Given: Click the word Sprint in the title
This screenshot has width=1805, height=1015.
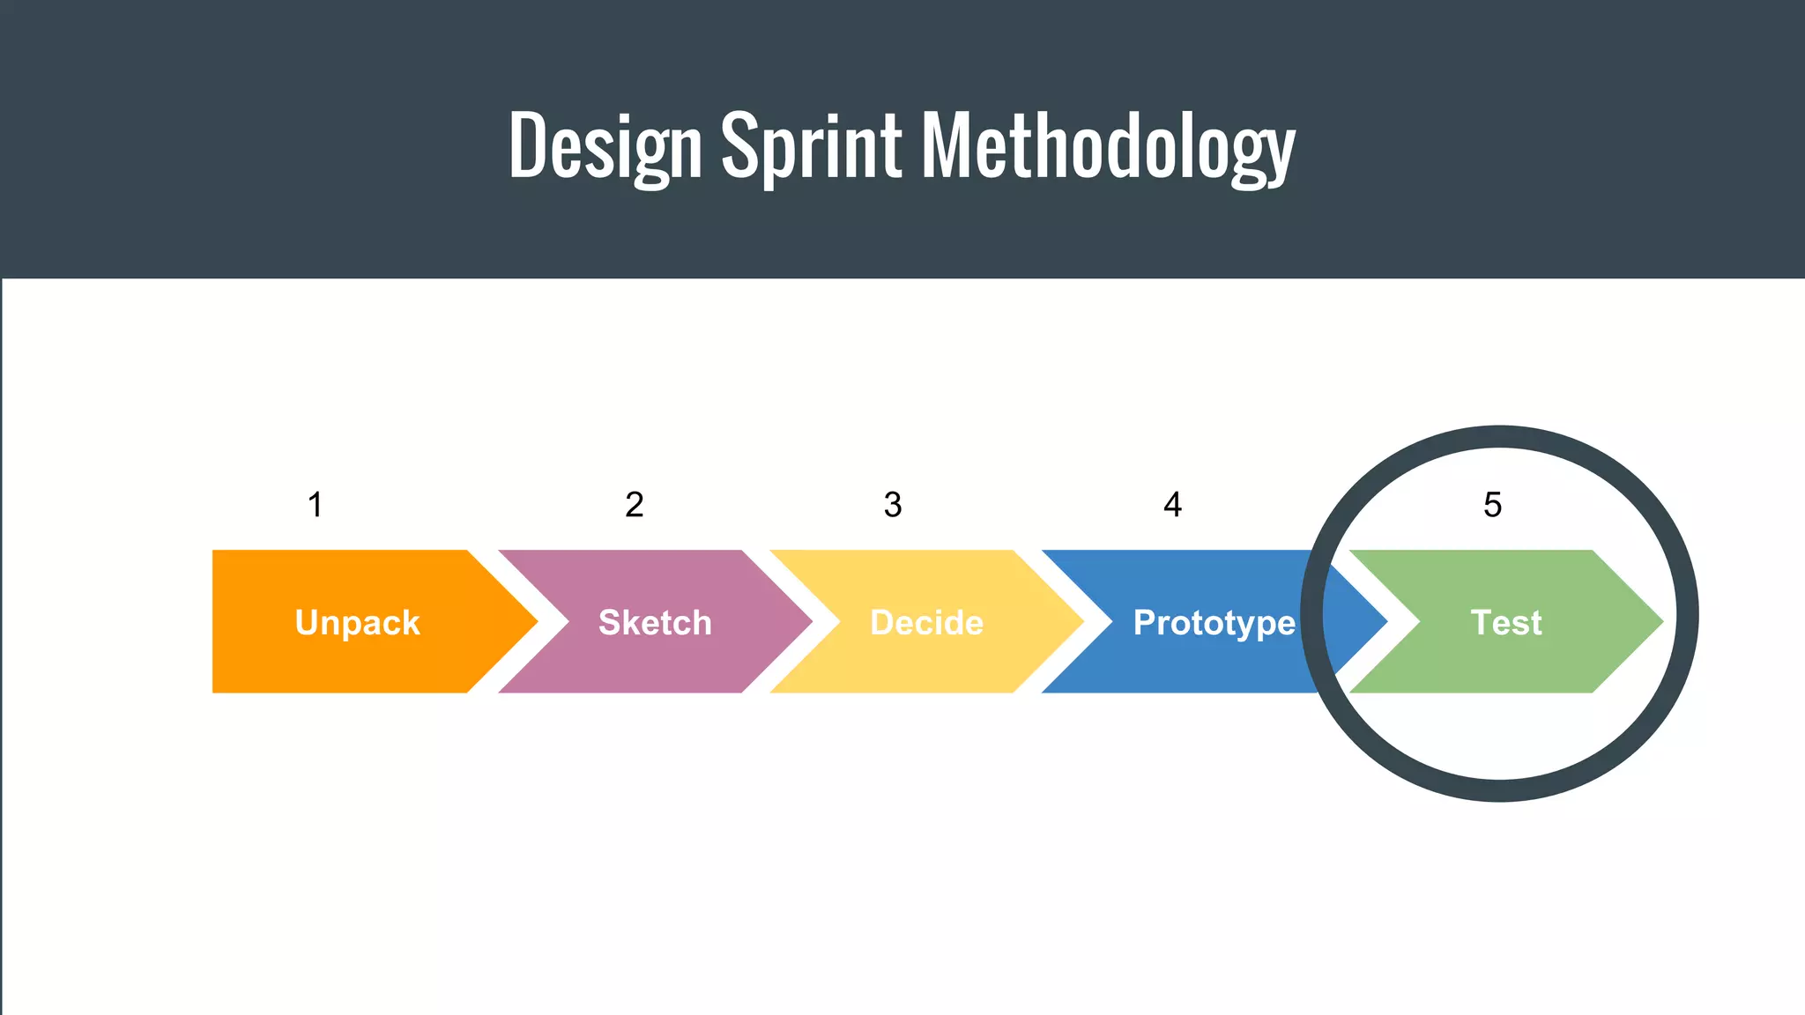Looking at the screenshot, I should (812, 145).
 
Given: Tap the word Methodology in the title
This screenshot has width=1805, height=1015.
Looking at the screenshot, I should (1108, 145).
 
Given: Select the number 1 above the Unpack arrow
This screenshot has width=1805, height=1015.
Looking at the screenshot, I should (315, 505).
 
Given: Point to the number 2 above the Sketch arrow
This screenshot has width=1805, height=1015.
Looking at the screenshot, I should (634, 505).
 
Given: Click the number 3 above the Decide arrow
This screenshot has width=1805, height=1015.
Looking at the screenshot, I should (892, 505).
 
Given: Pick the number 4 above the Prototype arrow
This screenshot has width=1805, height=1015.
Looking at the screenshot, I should (1172, 505).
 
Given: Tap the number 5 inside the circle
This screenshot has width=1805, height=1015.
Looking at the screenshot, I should (1492, 505).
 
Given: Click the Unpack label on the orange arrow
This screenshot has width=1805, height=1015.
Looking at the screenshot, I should (357, 623).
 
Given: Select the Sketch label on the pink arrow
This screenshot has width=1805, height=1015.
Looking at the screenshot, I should (655, 623).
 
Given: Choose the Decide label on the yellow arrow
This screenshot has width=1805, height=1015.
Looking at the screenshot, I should (926, 623).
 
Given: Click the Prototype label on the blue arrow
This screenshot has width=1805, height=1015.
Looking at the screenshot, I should (1214, 623).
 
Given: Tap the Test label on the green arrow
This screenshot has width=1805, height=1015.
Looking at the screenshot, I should (1506, 623).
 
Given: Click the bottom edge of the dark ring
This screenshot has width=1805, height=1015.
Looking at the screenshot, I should (1500, 790).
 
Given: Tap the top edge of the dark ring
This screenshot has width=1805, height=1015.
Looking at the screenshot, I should (1500, 437).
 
